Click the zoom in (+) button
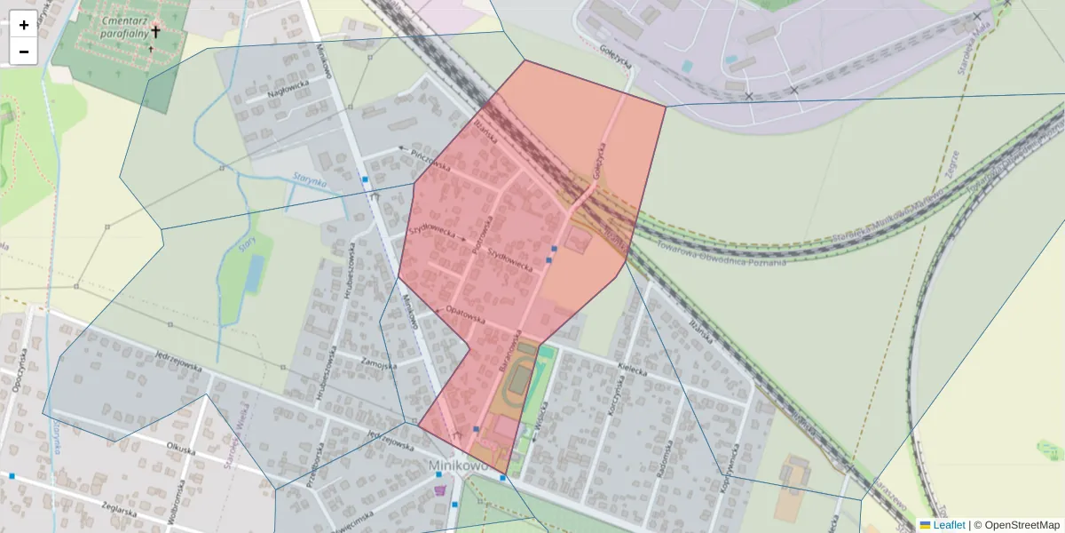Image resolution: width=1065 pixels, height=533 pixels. coord(24,25)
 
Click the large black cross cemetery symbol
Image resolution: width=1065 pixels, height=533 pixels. coord(155,32)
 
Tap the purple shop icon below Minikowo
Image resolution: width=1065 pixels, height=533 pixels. coord(438,489)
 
